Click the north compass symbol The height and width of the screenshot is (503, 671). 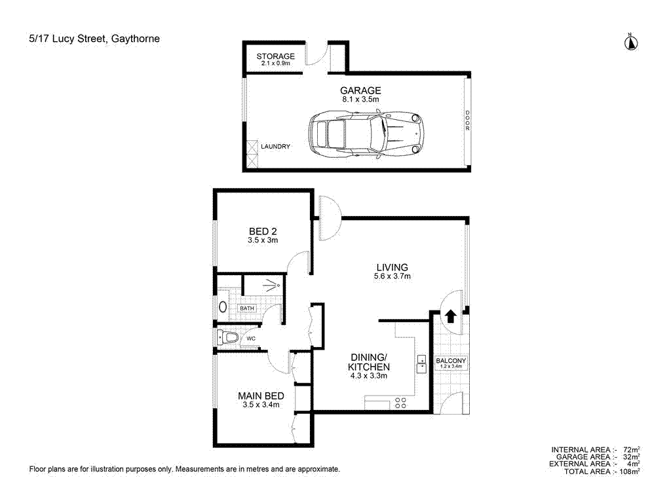tap(631, 43)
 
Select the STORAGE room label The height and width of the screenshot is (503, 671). tap(275, 56)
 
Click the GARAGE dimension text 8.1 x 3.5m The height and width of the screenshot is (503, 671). tap(360, 99)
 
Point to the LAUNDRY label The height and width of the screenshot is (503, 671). tap(275, 147)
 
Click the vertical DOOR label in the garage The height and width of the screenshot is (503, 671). tap(467, 121)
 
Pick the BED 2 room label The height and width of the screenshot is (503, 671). tap(263, 231)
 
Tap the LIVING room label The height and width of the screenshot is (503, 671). tap(392, 267)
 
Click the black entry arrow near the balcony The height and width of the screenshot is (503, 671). tap(451, 316)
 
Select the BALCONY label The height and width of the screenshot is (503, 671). tap(451, 361)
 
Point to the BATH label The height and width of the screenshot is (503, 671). tap(246, 308)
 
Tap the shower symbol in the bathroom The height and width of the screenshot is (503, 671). tap(271, 285)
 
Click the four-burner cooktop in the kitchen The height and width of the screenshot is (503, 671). tap(400, 403)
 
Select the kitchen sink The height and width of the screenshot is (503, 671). tap(421, 363)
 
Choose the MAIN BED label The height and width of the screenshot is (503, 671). tap(261, 396)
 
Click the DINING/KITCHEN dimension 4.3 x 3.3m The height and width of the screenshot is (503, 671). tap(369, 376)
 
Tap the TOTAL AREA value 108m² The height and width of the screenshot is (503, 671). tap(630, 471)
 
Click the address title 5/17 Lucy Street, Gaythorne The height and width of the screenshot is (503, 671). tap(94, 39)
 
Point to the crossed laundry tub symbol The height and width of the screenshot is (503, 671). tap(252, 153)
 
